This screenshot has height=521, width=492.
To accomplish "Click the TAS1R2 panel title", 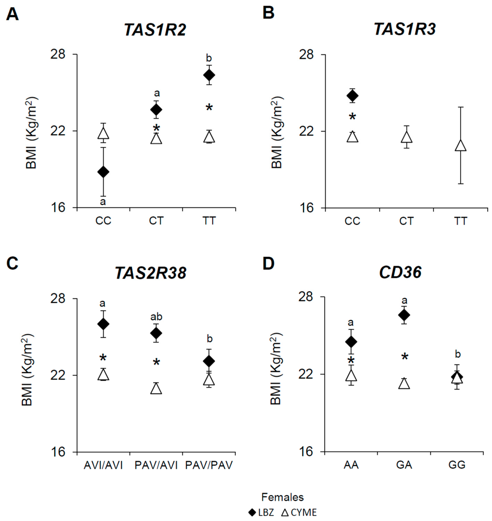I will pos(155,30).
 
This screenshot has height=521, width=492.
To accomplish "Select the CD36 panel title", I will pos(400,273).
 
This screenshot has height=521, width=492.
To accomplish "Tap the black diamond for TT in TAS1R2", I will pos(209,75).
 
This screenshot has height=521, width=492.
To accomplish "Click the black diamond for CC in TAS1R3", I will pos(352,96).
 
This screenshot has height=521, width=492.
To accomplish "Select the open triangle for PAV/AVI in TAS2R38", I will pos(156,388).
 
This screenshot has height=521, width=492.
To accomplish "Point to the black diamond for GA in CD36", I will pos(404,315).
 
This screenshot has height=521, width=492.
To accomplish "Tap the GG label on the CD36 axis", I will pos(457,465).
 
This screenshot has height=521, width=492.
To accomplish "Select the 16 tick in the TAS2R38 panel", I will pos(58,452).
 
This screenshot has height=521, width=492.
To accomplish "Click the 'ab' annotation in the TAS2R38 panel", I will pos(156,317).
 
